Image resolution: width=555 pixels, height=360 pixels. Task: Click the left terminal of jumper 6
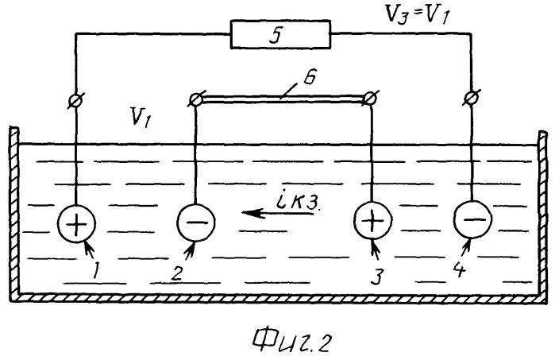pos(195,100)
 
